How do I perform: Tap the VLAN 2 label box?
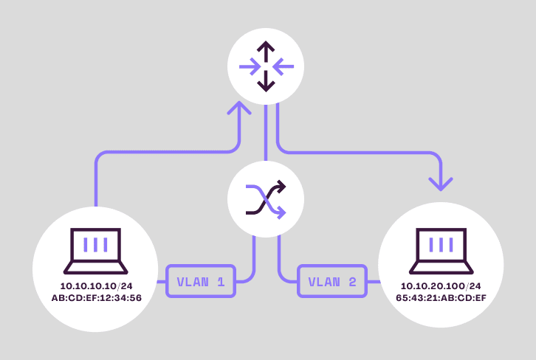(x=332, y=281)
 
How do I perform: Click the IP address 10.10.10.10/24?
(x=96, y=285)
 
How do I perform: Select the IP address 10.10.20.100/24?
(x=440, y=285)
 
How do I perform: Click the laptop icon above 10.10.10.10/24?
(x=96, y=249)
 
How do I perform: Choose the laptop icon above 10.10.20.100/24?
(x=441, y=249)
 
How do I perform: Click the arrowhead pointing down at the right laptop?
(x=441, y=183)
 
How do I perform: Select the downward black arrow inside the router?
(x=266, y=84)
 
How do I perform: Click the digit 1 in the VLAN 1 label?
(x=219, y=281)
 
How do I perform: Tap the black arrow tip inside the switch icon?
(x=281, y=189)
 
